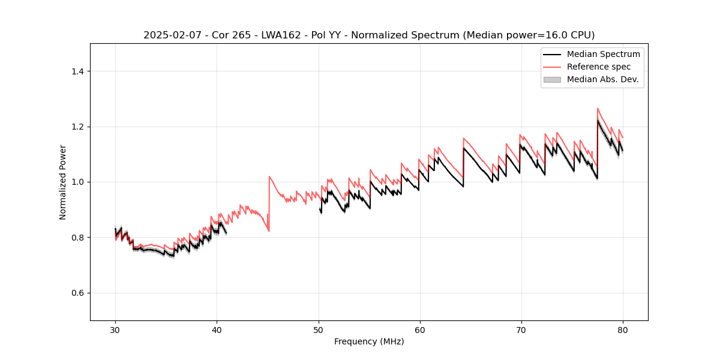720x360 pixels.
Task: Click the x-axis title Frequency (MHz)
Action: point(369,341)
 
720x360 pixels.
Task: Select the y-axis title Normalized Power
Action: point(63,182)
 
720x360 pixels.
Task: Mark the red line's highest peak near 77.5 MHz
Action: point(598,109)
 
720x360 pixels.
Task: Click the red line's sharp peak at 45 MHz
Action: point(269,176)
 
